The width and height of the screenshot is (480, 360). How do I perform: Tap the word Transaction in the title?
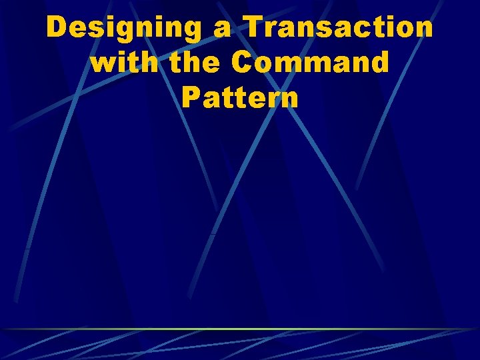tap(339, 28)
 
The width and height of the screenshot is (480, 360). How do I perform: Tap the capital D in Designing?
tap(57, 28)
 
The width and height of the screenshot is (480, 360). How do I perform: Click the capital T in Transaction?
tap(254, 28)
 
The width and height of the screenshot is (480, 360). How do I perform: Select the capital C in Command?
tap(241, 63)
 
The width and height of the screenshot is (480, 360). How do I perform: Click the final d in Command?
tap(379, 63)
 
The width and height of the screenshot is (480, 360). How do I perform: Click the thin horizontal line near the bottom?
tap(240, 329)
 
